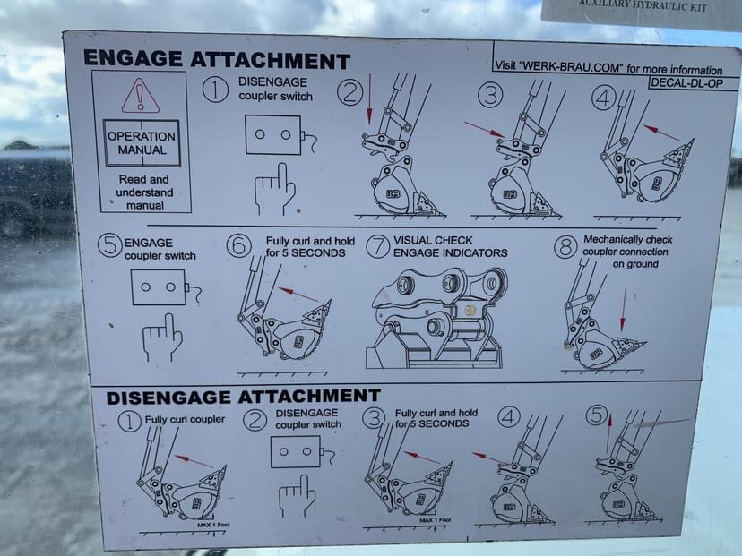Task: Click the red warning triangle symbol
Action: coord(140,97)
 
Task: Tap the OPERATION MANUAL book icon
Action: coord(142,143)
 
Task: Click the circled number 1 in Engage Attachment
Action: coord(215,90)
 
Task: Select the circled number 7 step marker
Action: coord(377,247)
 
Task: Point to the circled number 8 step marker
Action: coord(565,246)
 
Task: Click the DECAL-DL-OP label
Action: coord(686,83)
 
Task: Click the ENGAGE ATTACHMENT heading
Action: coord(217,60)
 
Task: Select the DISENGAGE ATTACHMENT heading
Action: coord(243,397)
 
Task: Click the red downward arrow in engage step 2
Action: coord(369,98)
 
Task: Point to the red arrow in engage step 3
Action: coord(484,129)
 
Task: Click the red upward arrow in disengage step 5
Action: coord(609,433)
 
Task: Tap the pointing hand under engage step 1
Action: coord(275,190)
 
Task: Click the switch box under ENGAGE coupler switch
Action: coord(158,287)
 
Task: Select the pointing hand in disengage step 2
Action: coord(298,496)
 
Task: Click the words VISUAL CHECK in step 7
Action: coord(433,240)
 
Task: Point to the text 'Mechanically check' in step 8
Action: coord(628,239)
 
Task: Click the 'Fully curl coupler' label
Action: coord(185,419)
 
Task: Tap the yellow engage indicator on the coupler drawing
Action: coord(470,311)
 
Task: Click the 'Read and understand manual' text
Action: coord(144,192)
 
